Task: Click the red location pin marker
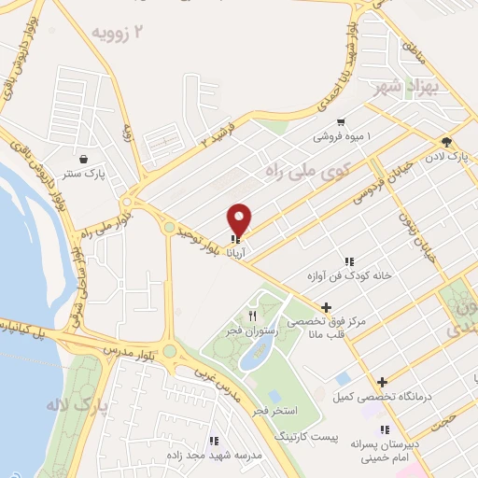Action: [x=240, y=219]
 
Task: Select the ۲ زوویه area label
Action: [x=119, y=33]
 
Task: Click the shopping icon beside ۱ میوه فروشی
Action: [x=341, y=121]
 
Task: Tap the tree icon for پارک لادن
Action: [x=446, y=143]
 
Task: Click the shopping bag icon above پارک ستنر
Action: [x=85, y=159]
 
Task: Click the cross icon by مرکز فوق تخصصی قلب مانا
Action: [x=326, y=307]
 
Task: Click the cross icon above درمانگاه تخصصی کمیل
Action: [x=382, y=381]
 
